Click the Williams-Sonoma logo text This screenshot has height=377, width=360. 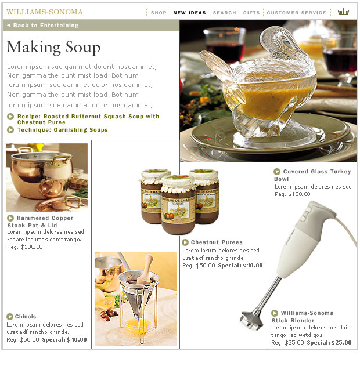coord(45,12)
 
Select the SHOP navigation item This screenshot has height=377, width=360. coord(159,13)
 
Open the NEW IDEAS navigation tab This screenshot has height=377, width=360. coord(190,13)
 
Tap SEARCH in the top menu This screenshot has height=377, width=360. coord(225,13)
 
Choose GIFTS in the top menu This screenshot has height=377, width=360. coord(251,13)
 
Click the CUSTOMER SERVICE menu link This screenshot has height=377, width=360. coord(297,13)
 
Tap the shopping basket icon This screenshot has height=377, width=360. coord(343,12)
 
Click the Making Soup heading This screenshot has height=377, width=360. coord(53,48)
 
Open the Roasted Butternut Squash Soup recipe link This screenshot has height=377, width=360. coord(88,119)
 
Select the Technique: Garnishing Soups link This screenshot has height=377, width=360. coord(63,130)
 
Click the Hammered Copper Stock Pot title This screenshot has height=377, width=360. coord(40,222)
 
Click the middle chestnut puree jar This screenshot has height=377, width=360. coord(178,205)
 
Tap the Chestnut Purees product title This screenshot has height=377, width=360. coord(217,242)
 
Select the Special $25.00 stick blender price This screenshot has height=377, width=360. coord(329,343)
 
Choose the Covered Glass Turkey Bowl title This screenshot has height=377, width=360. coord(312,175)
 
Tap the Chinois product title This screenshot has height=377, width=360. coord(26,317)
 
